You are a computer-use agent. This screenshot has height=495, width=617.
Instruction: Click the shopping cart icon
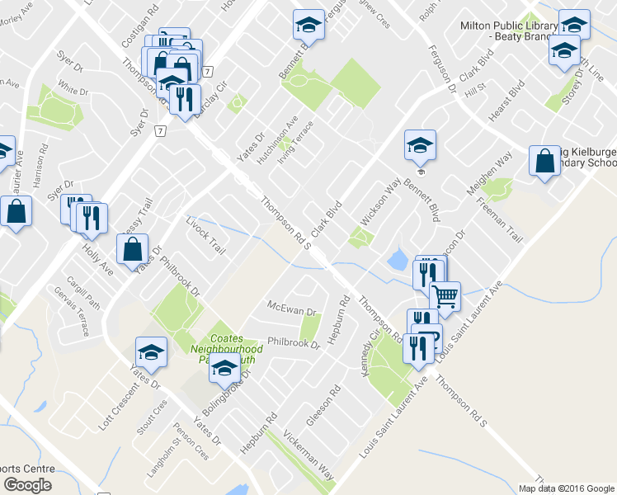click(445, 295)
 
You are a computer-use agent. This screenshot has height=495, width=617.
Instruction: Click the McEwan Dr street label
click(292, 309)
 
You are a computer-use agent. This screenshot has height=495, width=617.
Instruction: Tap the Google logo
click(27, 485)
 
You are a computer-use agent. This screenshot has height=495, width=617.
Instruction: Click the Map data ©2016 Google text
click(565, 488)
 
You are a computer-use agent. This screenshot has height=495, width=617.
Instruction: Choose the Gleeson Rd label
click(324, 404)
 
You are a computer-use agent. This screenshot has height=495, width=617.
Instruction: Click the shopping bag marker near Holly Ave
click(133, 248)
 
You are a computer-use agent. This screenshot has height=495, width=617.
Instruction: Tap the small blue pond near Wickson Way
click(397, 262)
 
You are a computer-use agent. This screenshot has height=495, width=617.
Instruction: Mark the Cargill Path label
click(83, 293)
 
